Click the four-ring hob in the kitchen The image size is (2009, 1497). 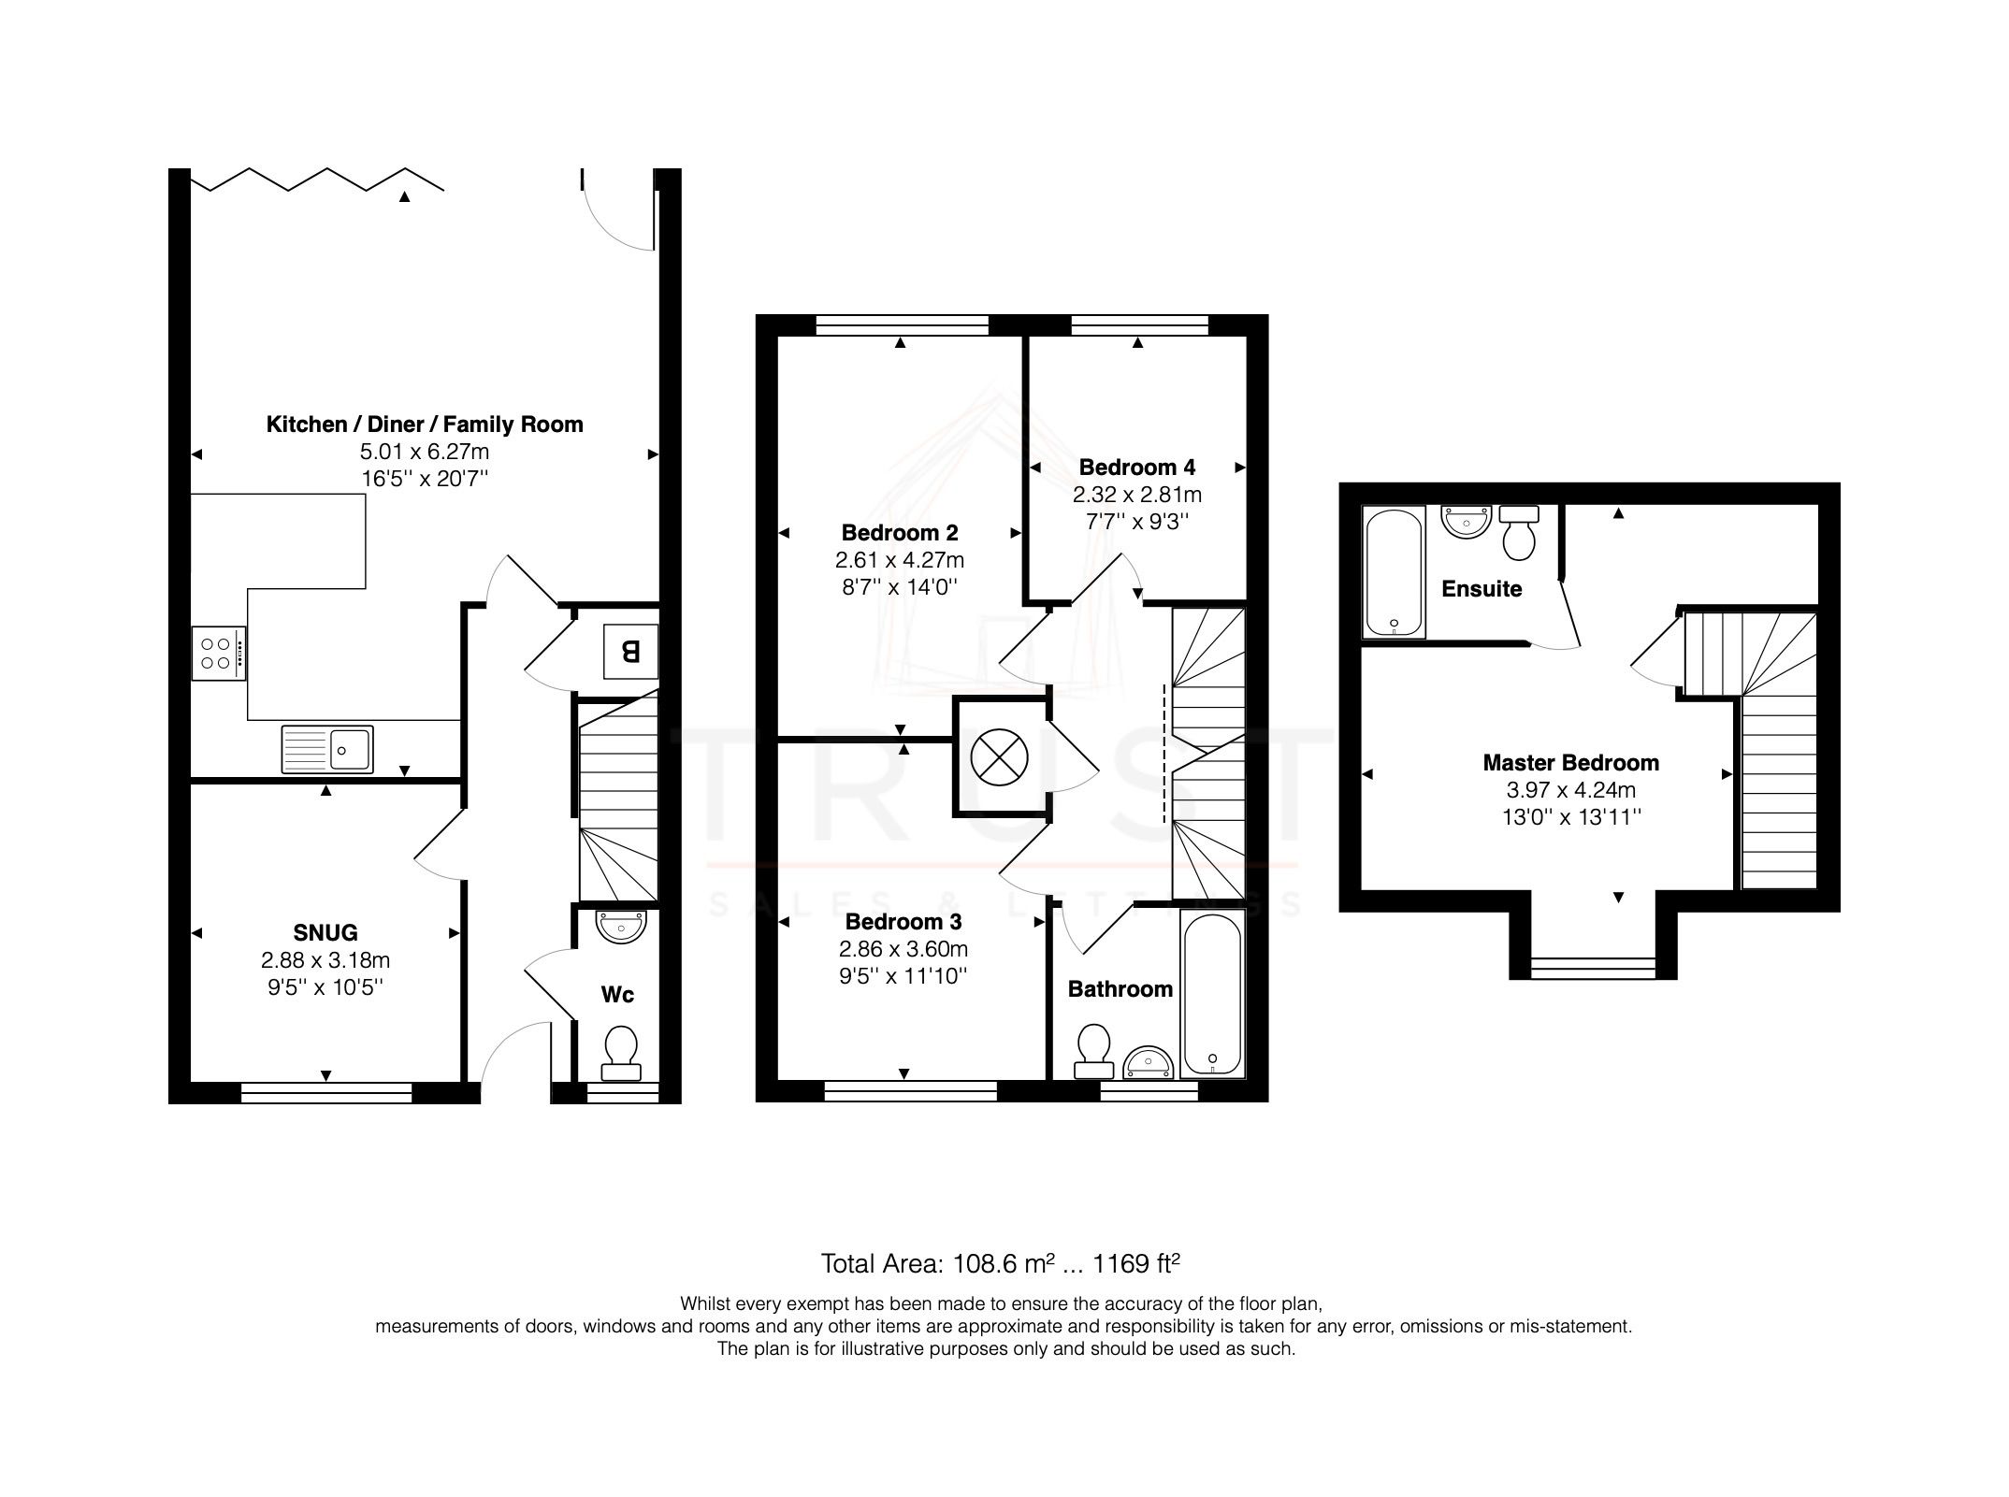(x=218, y=653)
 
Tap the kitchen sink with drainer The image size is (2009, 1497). (x=326, y=749)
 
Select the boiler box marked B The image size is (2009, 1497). (x=629, y=651)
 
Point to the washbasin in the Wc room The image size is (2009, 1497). (x=621, y=927)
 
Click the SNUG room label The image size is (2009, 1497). (x=325, y=932)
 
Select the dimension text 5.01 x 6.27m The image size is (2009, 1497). (x=425, y=452)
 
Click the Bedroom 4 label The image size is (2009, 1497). (x=1136, y=467)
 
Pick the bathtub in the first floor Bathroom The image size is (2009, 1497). (x=1212, y=996)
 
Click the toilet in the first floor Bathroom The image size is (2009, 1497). (x=1092, y=1050)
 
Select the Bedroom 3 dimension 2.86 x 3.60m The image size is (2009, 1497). (x=903, y=949)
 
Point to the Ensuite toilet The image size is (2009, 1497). (x=1519, y=532)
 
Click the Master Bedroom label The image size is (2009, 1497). (x=1570, y=762)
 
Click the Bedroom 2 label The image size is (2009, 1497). (x=899, y=533)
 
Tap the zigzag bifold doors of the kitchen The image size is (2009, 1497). (x=316, y=180)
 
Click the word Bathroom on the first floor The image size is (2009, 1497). (x=1120, y=989)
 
